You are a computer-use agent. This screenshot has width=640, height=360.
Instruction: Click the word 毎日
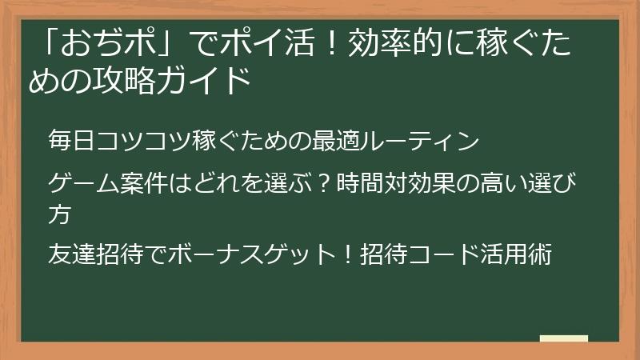(x=71, y=142)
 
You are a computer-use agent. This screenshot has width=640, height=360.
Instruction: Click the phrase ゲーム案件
(x=109, y=186)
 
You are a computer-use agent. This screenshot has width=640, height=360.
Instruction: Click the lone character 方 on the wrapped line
(x=61, y=214)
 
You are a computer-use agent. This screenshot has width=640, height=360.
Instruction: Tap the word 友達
(x=71, y=256)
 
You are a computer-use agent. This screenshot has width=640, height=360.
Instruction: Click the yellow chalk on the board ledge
(x=564, y=338)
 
